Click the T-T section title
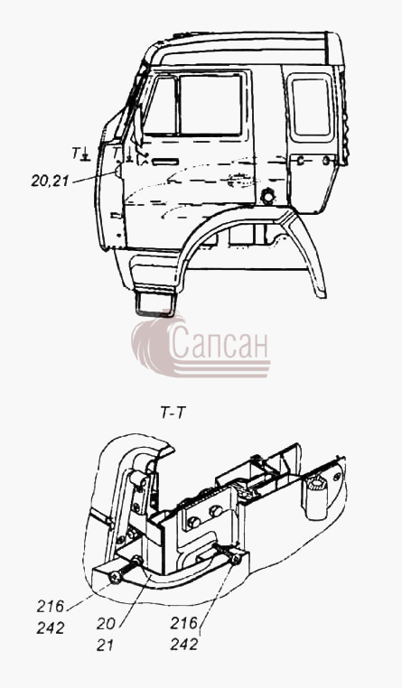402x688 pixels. click(172, 413)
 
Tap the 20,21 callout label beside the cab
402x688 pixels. click(50, 181)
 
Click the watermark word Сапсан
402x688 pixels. click(219, 343)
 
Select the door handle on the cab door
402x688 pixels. click(164, 163)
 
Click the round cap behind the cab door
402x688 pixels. click(267, 196)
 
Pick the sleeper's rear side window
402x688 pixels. click(311, 107)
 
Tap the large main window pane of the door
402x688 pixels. click(210, 105)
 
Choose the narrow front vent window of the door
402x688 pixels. click(161, 106)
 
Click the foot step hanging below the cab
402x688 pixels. click(155, 303)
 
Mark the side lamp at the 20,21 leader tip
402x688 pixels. click(118, 170)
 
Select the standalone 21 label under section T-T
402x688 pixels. click(105, 646)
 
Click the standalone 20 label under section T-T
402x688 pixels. click(106, 624)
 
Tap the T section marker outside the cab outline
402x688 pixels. click(80, 153)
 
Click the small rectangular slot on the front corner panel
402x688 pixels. click(116, 216)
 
